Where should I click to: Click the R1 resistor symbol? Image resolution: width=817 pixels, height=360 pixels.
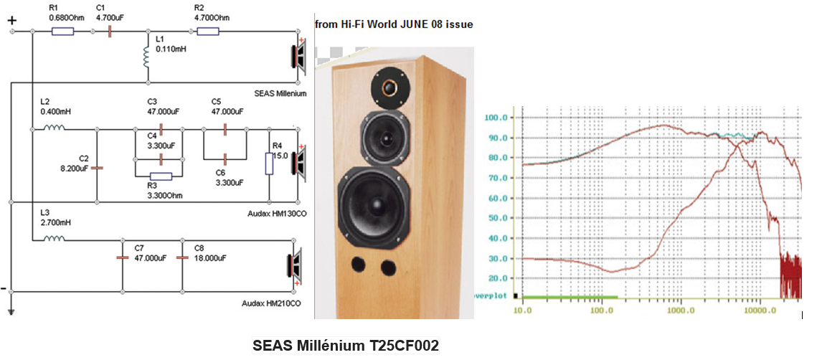click(63, 32)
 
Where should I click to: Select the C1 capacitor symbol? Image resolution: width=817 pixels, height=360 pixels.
click(110, 32)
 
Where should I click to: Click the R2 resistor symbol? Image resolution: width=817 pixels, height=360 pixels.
click(208, 32)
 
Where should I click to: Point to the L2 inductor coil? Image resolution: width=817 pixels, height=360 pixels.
click(55, 127)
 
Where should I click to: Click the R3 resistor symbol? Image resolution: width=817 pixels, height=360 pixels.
click(161, 176)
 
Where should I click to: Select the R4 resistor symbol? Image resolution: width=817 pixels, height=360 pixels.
click(270, 164)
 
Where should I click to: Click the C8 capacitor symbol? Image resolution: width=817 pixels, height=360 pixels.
click(182, 258)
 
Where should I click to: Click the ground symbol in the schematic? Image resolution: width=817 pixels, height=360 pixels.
click(11, 312)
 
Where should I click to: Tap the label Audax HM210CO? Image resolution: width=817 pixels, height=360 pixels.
click(272, 303)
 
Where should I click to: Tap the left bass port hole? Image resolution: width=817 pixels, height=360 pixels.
click(359, 265)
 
